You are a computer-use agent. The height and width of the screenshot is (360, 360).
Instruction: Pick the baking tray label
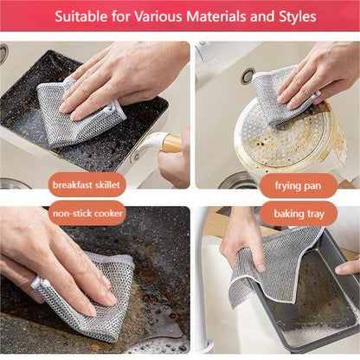coord(299,212)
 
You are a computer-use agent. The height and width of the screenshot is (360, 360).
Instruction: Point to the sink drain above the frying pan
coord(247,76)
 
